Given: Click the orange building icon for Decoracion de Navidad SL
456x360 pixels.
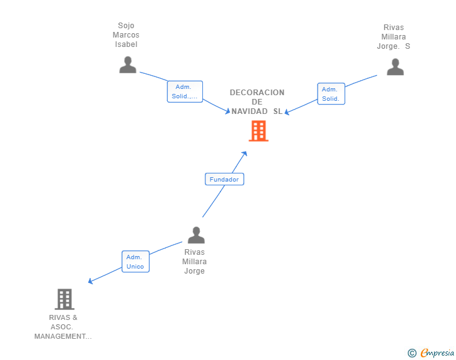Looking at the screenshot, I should (258, 131).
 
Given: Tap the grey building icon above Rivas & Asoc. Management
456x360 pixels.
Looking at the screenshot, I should (64, 299).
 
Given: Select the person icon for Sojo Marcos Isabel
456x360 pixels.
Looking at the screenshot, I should (128, 64).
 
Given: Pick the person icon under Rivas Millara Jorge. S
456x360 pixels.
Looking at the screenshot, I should (395, 66).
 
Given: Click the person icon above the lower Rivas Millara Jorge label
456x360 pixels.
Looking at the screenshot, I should (196, 235).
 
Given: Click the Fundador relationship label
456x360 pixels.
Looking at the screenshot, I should (224, 179).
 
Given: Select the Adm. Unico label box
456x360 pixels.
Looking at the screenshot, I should (135, 262).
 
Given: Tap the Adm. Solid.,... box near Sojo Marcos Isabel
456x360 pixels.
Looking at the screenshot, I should (185, 91).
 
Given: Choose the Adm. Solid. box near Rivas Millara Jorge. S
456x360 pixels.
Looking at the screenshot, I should (331, 94).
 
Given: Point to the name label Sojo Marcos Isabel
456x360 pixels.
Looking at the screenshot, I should (126, 35).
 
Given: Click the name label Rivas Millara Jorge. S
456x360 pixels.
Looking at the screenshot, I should (394, 37).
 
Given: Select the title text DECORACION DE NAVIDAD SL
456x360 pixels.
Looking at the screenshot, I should (257, 102).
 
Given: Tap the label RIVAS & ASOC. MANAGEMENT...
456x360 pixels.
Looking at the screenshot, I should (63, 327).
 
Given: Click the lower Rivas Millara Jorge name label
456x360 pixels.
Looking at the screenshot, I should (194, 262).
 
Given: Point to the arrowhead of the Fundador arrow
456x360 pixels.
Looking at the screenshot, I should (245, 153).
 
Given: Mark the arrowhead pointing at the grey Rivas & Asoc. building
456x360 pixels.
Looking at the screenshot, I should (90, 282).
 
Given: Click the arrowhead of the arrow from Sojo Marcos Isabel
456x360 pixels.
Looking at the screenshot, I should (227, 111).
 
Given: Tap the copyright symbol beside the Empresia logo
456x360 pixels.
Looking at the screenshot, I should (412, 353).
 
